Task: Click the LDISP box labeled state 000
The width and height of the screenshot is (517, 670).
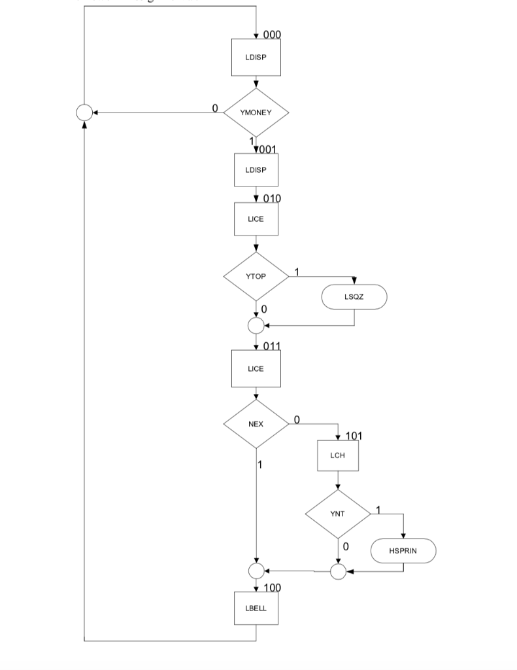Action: point(256,57)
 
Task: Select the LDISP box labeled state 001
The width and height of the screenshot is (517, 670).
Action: point(256,170)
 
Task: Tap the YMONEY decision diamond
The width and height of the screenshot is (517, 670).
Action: point(256,113)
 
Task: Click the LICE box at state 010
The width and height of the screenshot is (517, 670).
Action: point(256,219)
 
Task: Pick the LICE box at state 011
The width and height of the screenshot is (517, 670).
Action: point(256,368)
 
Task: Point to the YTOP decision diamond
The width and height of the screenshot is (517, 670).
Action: point(256,276)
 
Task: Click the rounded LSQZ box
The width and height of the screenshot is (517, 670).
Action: point(354,297)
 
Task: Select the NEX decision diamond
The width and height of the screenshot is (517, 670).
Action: point(256,424)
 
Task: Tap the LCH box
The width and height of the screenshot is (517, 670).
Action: point(338,455)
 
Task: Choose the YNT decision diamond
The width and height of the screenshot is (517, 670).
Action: point(338,514)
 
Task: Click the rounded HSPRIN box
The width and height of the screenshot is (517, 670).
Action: point(403,551)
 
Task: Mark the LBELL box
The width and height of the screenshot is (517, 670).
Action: point(256,608)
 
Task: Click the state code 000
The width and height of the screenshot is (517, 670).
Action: point(272,35)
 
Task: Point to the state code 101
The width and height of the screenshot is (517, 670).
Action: point(354,436)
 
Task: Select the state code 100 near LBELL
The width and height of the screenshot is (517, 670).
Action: point(272,588)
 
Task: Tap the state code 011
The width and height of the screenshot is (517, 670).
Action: point(272,345)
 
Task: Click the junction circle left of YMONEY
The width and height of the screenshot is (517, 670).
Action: point(84,113)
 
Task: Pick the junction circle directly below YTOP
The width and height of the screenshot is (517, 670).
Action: point(256,325)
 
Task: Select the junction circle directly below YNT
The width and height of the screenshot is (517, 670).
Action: point(338,571)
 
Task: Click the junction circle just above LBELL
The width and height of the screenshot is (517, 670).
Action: point(256,571)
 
